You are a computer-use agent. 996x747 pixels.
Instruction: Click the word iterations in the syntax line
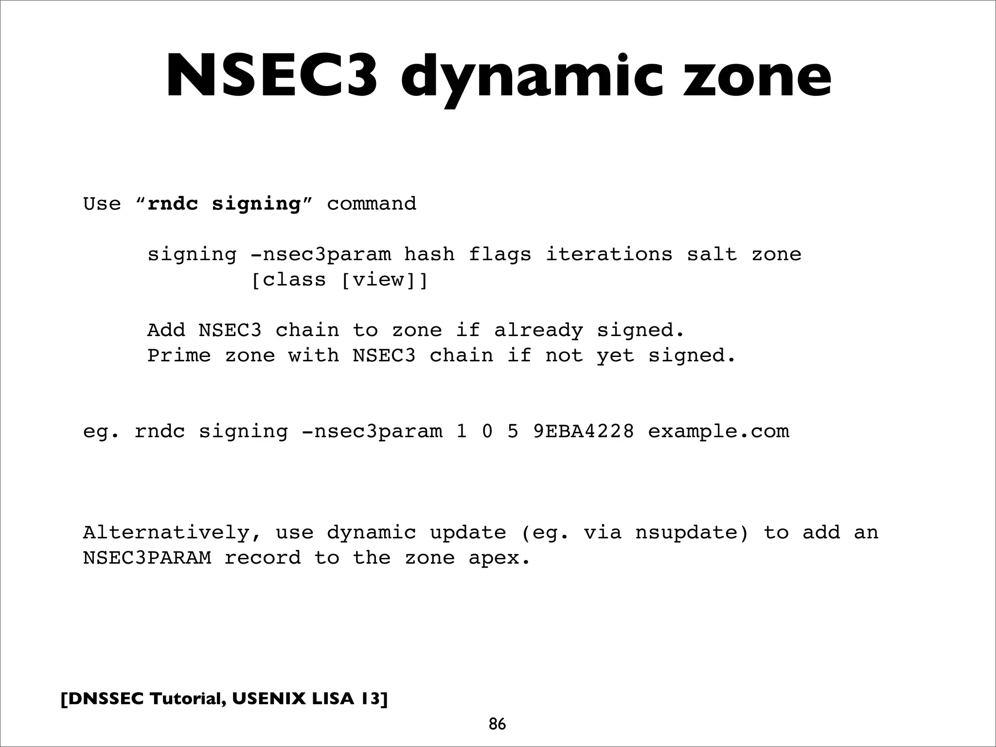[x=609, y=254]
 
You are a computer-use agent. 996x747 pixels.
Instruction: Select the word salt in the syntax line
[x=711, y=254]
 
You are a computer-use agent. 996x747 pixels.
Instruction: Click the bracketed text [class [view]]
[x=339, y=281]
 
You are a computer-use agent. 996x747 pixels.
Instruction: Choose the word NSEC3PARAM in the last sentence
[x=147, y=558]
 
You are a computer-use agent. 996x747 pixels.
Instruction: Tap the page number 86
[x=497, y=724]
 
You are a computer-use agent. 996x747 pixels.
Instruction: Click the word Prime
[x=179, y=356]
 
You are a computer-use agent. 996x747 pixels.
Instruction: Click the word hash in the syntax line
[x=429, y=254]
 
